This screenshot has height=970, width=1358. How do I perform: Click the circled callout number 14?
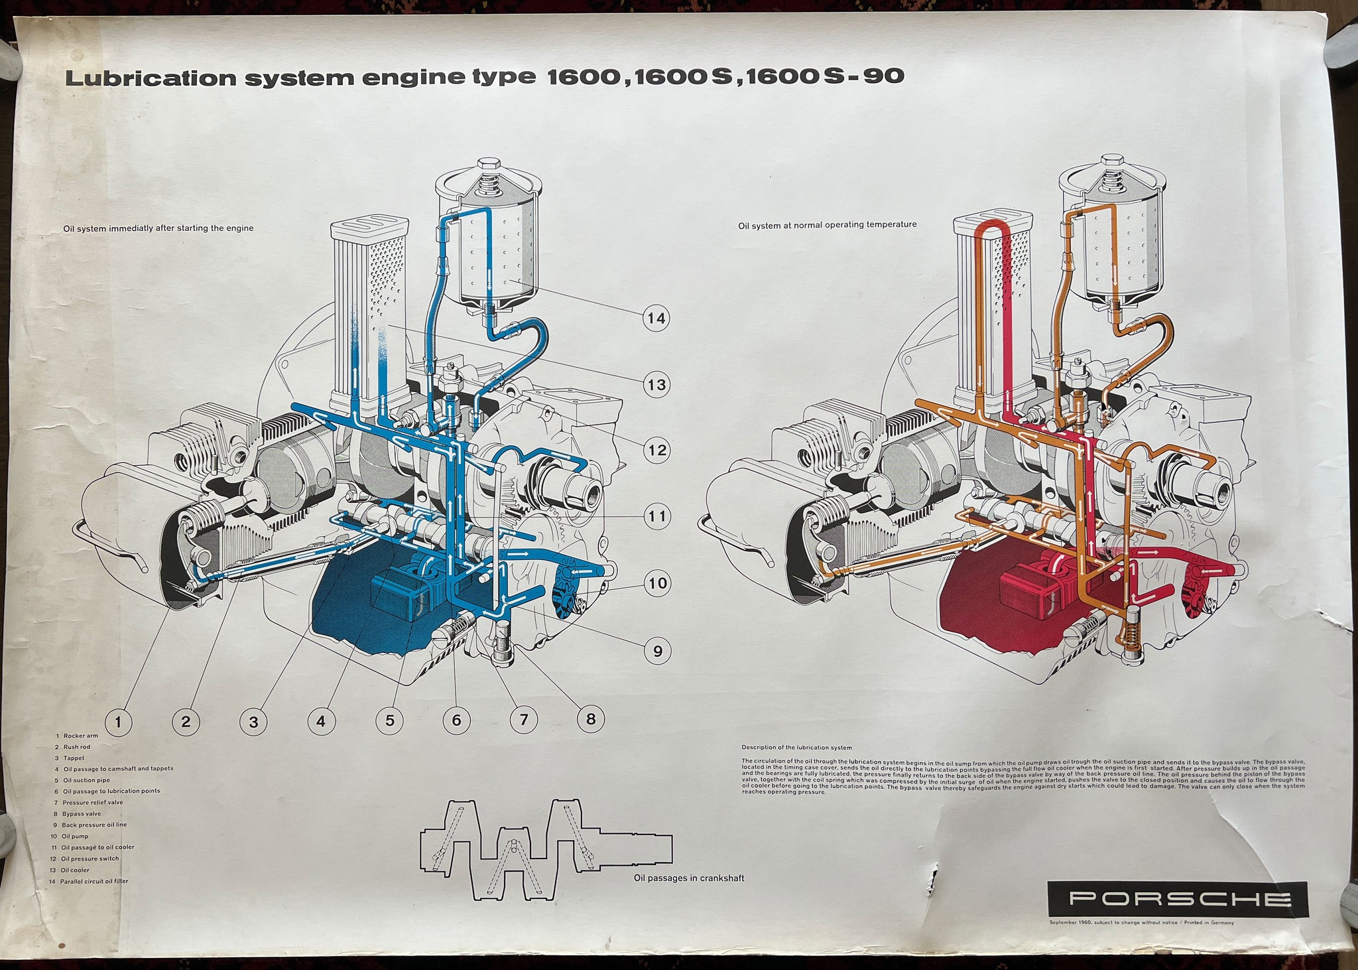coord(656,318)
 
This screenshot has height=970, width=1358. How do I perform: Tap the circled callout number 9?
coord(657,651)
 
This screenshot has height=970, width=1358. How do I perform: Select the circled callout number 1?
coord(119,721)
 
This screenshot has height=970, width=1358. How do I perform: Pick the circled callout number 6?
coord(456,720)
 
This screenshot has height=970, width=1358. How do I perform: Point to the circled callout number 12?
coord(657,450)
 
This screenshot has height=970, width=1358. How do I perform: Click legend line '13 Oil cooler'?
coord(75,870)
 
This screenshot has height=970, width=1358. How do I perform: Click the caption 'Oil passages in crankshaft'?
coord(689,878)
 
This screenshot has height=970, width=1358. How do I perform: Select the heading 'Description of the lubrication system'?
coord(796,748)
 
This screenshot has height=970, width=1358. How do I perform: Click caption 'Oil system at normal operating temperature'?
coord(827,225)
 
